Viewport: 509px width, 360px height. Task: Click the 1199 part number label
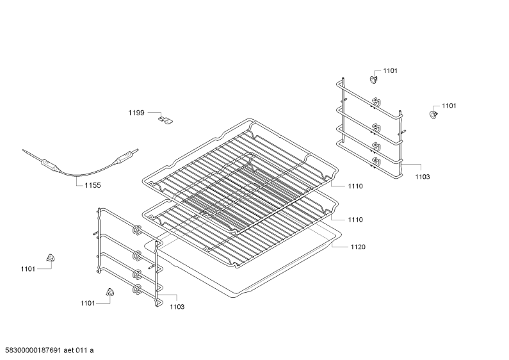136,113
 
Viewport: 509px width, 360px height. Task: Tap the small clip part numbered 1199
166,119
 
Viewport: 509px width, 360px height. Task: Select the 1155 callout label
93,185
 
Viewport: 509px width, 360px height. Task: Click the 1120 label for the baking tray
358,247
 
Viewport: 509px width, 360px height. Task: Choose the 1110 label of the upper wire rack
355,186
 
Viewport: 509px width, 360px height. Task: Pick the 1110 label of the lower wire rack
355,220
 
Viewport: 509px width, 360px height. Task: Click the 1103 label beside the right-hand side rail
423,176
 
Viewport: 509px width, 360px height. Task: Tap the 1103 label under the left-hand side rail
177,307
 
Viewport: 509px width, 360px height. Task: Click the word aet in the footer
68,350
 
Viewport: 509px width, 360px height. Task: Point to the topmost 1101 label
390,70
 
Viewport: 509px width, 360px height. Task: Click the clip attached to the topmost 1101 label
374,79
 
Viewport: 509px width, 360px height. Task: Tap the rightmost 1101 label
449,106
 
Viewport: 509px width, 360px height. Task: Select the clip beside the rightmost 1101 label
433,114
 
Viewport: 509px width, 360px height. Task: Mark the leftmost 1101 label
28,268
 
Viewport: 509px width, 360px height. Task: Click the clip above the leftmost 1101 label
51,258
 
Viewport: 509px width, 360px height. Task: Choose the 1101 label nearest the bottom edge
88,303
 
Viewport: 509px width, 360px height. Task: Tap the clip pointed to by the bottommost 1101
110,291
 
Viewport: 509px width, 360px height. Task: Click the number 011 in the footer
81,350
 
